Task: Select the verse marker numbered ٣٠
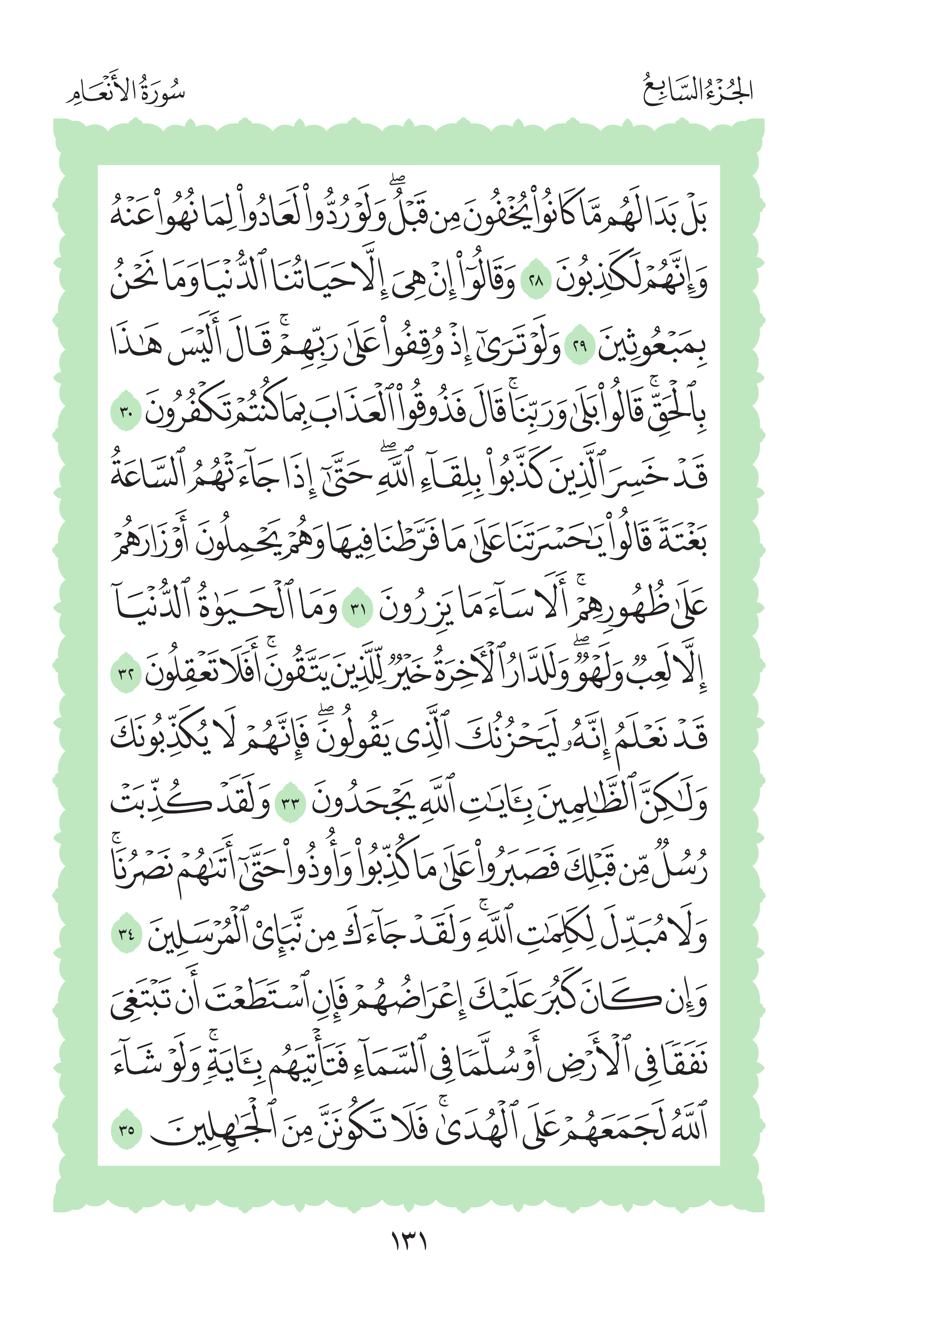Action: point(126,413)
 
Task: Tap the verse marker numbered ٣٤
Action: point(126,935)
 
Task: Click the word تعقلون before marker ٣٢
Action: point(186,674)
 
